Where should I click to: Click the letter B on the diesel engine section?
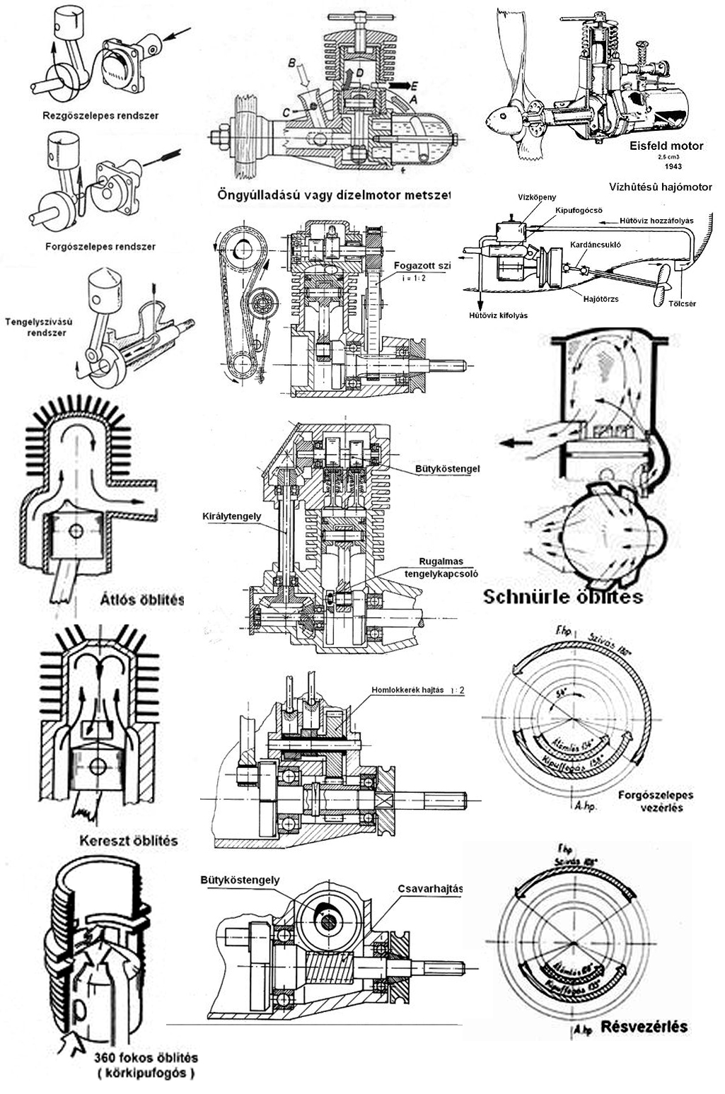tap(291, 64)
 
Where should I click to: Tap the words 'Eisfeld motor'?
tap(666, 146)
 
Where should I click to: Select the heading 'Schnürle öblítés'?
tap(562, 597)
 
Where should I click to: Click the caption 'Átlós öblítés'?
tap(141, 600)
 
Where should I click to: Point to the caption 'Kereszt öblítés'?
tap(127, 841)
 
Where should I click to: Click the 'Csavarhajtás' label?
tap(429, 889)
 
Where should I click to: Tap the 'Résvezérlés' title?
tap(644, 1026)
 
